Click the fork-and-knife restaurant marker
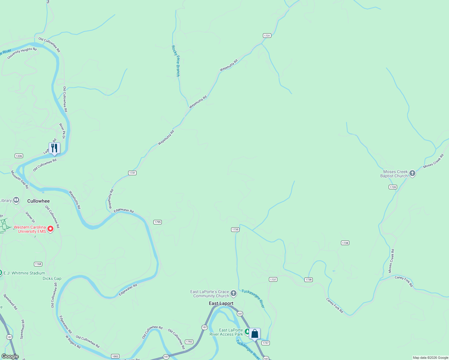[x=54, y=148]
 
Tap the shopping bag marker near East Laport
[x=255, y=334]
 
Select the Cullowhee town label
[x=38, y=201]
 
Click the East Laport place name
[x=221, y=303]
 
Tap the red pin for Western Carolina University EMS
[x=51, y=229]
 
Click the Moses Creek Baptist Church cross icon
[x=412, y=173]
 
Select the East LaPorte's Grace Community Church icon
[x=234, y=293]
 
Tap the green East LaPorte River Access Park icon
[x=247, y=332]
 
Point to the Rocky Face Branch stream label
[x=176, y=61]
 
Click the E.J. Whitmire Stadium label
[x=24, y=273]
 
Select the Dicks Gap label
[x=52, y=278]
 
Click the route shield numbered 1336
[x=19, y=156]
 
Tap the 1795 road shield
[x=158, y=222]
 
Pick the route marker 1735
[x=235, y=229]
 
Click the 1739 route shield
[x=393, y=187]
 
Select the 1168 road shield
[x=38, y=264]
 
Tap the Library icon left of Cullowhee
[x=16, y=200]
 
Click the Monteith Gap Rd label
[x=20, y=179]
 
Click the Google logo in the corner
[x=10, y=356]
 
